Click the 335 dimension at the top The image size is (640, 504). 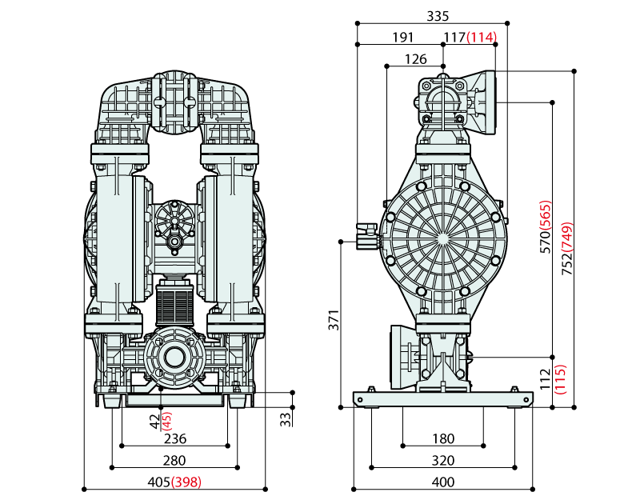(438, 15)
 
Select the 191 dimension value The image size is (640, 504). (402, 37)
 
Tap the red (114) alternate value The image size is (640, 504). (482, 37)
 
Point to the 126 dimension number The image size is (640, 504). (416, 58)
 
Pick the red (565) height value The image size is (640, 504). (545, 215)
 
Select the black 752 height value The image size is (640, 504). (567, 259)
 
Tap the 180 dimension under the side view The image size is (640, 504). (442, 439)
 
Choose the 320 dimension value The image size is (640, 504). (442, 461)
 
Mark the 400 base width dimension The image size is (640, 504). (442, 482)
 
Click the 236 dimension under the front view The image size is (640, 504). (174, 439)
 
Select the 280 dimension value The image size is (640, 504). (174, 461)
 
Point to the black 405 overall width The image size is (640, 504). (159, 482)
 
